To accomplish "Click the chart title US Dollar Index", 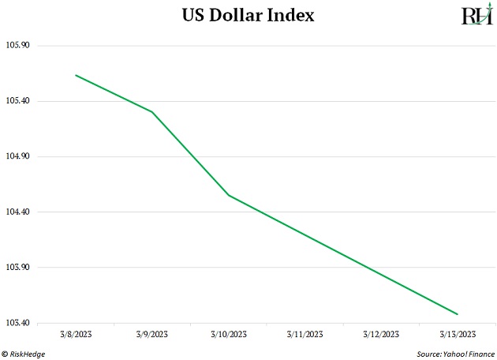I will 248,15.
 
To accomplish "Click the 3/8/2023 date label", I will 76,335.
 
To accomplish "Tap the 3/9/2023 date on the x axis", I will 151,335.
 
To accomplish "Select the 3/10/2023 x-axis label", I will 229,335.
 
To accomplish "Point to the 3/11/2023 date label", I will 305,335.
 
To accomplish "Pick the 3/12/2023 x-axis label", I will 381,335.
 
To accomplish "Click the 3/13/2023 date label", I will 458,335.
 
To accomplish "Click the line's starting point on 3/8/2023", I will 76,75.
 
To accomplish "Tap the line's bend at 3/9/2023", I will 151,111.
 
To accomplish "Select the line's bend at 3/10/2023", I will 229,195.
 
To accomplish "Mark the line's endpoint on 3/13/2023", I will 458,314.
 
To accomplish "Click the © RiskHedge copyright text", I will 24,354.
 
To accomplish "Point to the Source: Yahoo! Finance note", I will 451,354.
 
